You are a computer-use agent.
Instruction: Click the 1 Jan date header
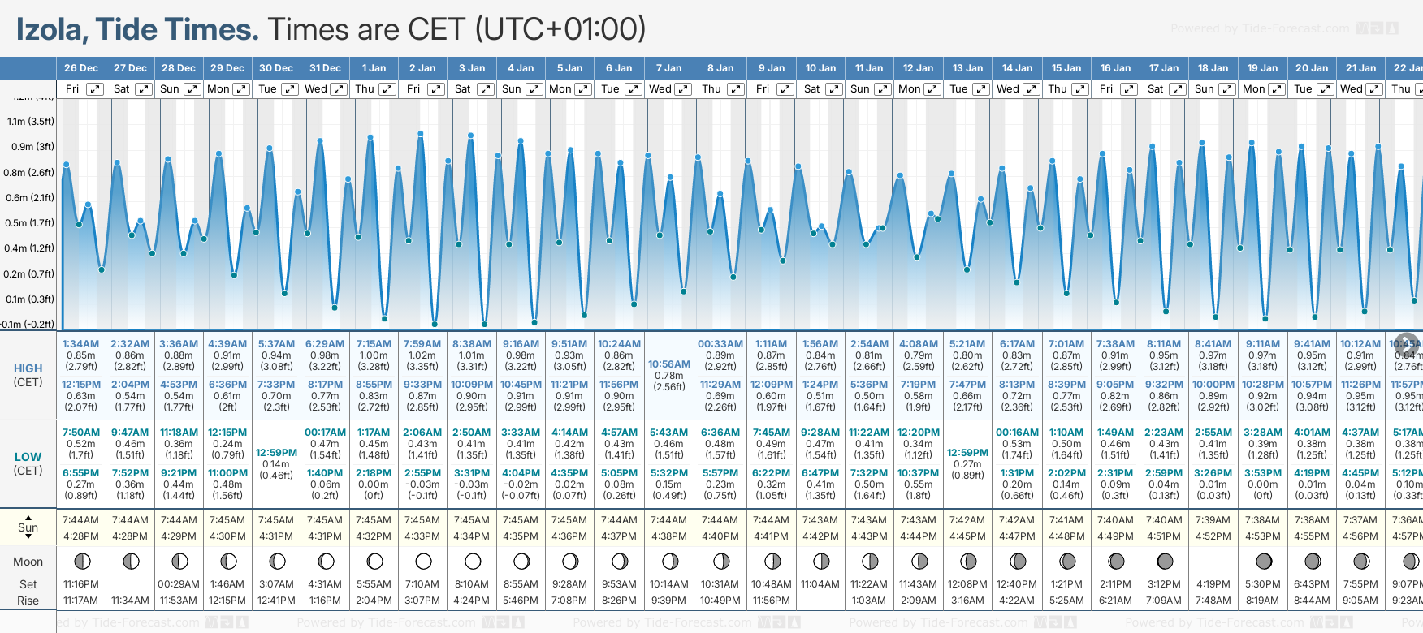tap(374, 68)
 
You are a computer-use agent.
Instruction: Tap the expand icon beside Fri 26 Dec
tap(95, 89)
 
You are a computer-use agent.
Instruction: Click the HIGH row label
tap(28, 368)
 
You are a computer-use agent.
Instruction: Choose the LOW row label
tap(28, 457)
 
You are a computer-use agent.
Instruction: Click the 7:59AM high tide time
tap(422, 344)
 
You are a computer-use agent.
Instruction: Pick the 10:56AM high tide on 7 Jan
tap(669, 364)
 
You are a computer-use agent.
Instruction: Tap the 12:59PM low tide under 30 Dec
tap(276, 453)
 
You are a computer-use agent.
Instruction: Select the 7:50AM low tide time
tap(81, 433)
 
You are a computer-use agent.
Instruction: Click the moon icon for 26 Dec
tap(81, 561)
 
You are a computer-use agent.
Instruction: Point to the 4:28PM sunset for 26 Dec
tap(81, 536)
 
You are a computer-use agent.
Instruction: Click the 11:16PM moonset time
tap(81, 584)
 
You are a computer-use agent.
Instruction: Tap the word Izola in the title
tap(50, 29)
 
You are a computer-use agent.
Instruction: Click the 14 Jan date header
tap(1017, 68)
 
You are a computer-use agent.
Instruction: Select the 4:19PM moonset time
tap(1213, 584)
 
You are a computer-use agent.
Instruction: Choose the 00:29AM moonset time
tap(179, 584)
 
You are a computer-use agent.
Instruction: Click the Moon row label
tap(28, 562)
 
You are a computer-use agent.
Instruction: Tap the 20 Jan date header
tap(1312, 68)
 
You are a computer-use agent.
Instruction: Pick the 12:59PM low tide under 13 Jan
tap(967, 453)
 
